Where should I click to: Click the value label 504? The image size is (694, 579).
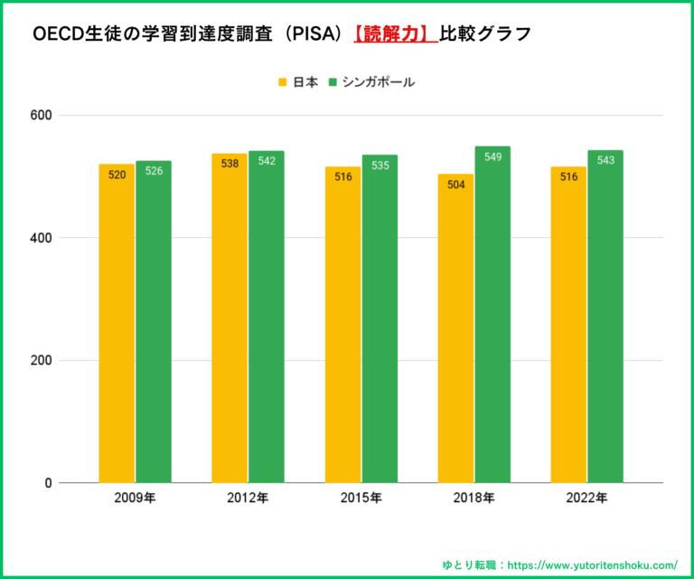pyautogui.click(x=455, y=185)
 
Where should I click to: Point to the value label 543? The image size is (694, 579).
pyautogui.click(x=605, y=161)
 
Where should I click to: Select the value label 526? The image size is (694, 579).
pyautogui.click(x=154, y=171)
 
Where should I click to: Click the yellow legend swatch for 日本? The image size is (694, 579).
pyautogui.click(x=282, y=82)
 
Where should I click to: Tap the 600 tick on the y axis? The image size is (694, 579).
pyautogui.click(x=41, y=116)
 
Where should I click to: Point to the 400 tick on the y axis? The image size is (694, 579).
pyautogui.click(x=41, y=238)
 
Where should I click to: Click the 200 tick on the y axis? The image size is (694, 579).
pyautogui.click(x=41, y=361)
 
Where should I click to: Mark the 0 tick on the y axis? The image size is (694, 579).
pyautogui.click(x=47, y=483)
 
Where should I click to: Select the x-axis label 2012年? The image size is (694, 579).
pyautogui.click(x=248, y=498)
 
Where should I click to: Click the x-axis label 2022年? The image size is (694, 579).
pyautogui.click(x=587, y=498)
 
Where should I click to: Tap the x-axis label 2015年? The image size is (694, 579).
pyautogui.click(x=361, y=498)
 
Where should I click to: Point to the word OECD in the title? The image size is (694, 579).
pyautogui.click(x=57, y=34)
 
